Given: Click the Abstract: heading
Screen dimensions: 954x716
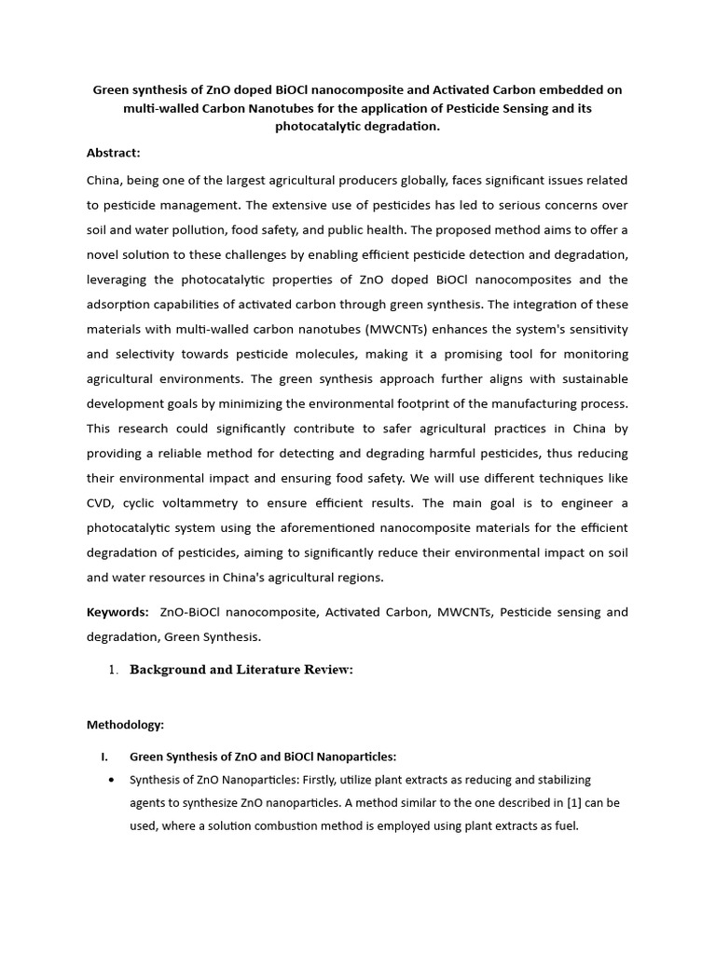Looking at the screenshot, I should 113,153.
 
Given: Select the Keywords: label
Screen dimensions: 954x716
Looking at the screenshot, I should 117,612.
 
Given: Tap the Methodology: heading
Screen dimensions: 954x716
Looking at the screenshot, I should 125,724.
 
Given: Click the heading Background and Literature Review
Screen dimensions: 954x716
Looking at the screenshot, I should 241,670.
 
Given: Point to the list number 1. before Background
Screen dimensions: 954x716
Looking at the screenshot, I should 114,670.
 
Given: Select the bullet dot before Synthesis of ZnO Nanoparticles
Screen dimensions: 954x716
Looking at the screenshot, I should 113,780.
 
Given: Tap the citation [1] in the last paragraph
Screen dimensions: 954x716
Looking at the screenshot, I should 573,802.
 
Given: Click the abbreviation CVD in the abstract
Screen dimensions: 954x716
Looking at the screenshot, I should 101,503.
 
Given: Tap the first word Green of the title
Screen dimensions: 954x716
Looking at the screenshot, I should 111,90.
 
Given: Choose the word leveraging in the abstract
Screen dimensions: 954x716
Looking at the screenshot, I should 118,279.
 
